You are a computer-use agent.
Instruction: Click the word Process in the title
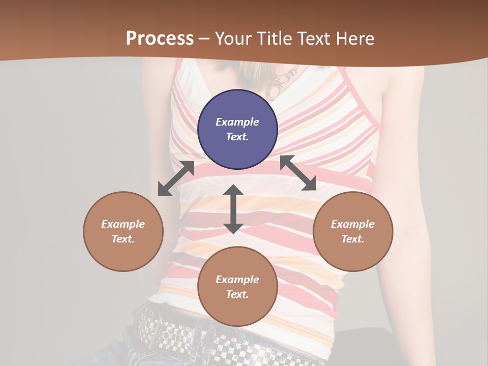pos(160,39)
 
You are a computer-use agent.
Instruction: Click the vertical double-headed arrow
pos(233,209)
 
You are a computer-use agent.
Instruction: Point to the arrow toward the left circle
pos(176,178)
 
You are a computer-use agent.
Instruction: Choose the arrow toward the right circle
pos(298,173)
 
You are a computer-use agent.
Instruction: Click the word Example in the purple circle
pos(237,122)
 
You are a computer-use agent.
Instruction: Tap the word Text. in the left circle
pos(123,239)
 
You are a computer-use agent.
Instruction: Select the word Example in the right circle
pos(353,224)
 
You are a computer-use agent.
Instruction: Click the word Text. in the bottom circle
pos(237,294)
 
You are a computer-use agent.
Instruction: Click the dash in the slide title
pos(204,39)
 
